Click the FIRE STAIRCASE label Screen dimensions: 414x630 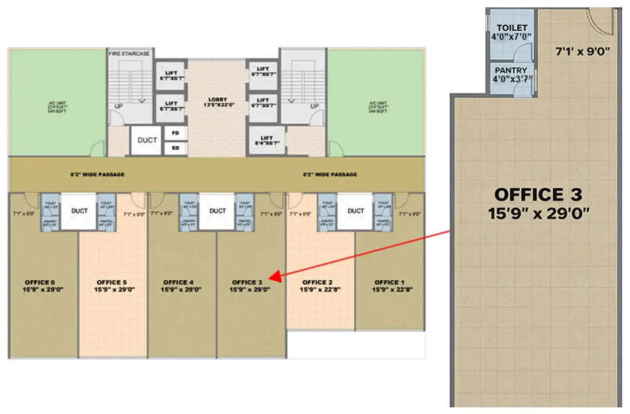(129, 53)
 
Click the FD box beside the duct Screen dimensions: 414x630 (176, 132)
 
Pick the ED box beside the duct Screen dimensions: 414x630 (176, 148)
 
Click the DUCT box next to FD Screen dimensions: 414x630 (147, 140)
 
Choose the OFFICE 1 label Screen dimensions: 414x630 (390, 285)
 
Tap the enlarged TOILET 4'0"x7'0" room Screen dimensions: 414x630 (511, 32)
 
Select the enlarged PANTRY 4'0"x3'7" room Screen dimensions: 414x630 (511, 74)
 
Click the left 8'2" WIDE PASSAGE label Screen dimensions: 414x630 (98, 175)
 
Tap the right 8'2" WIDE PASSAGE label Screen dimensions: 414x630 (330, 175)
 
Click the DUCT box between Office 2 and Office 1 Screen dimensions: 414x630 (355, 211)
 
